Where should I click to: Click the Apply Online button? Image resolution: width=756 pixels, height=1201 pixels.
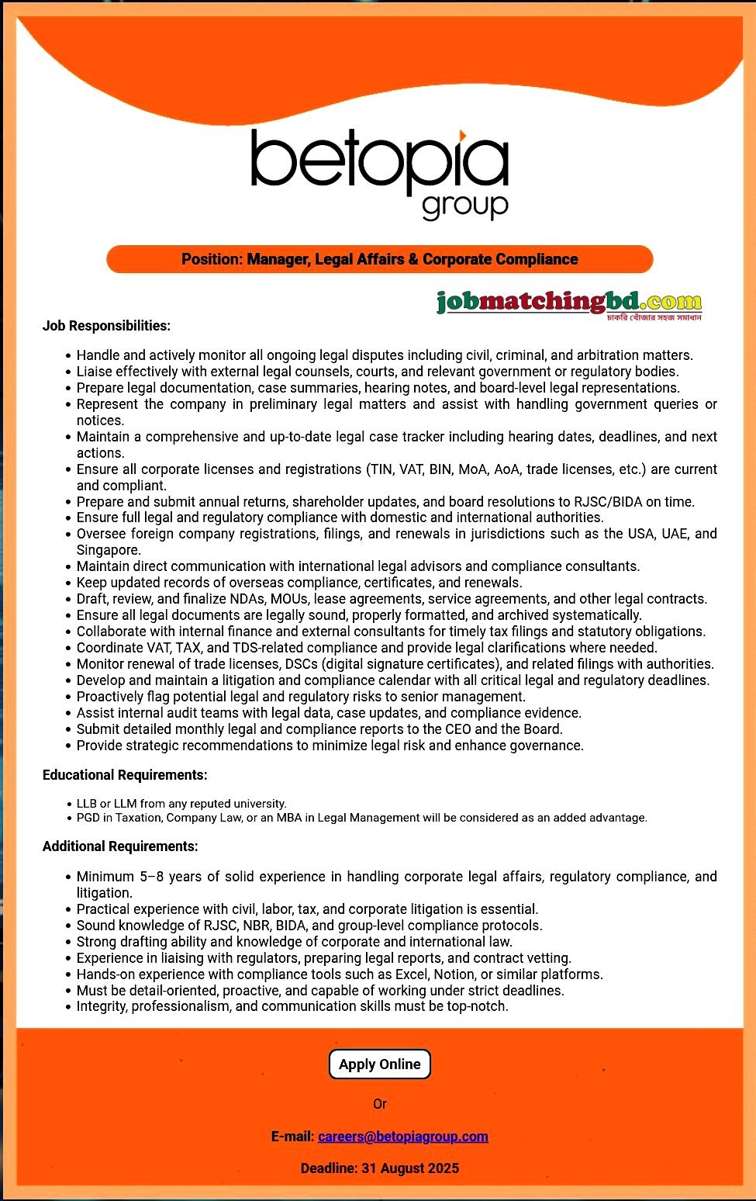(x=379, y=1064)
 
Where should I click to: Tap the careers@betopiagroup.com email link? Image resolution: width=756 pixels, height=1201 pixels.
(x=403, y=1137)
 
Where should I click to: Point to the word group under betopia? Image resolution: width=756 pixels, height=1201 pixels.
(x=464, y=206)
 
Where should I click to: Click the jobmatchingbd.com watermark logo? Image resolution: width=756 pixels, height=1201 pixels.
(x=569, y=303)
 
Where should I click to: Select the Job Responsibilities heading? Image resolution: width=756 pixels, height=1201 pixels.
(x=106, y=326)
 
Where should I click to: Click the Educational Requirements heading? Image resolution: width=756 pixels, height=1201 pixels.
(x=125, y=775)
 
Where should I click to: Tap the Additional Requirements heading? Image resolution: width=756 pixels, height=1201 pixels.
(x=120, y=846)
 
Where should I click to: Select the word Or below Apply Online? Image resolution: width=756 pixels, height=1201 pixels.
(x=379, y=1104)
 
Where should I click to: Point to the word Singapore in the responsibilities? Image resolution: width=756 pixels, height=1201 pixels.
(x=108, y=550)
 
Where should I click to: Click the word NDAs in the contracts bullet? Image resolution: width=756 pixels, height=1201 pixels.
(x=276, y=599)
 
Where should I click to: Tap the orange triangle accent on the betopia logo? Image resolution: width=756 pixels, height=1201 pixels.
(x=463, y=137)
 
